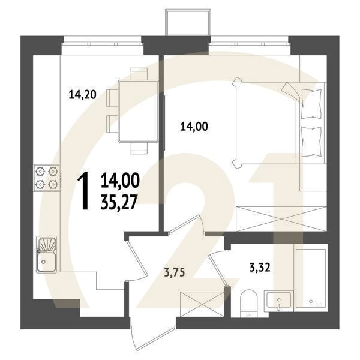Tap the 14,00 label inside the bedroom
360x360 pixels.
(194, 126)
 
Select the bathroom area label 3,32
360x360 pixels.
(259, 268)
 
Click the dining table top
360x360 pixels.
(139, 110)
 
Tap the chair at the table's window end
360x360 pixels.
(139, 73)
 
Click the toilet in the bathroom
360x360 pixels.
(247, 304)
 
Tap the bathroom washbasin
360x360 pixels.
(280, 299)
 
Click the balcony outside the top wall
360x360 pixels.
(187, 22)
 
